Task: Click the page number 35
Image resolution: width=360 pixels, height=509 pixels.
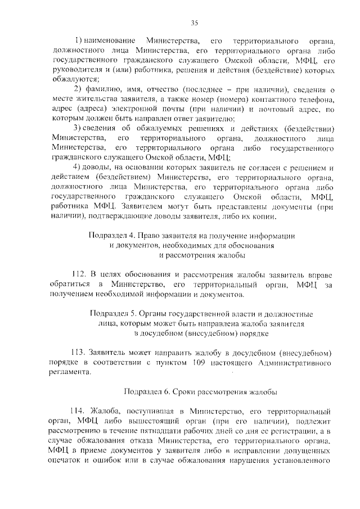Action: click(194, 22)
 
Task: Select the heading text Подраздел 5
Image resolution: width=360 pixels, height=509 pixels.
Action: click(115, 314)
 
